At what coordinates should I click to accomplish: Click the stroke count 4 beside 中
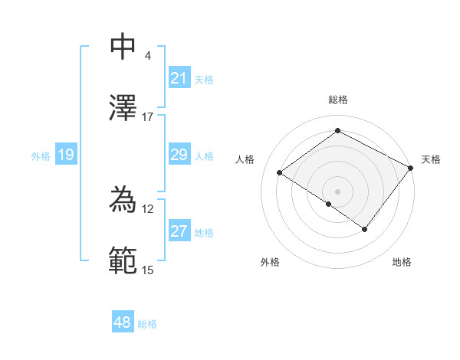pos(147,55)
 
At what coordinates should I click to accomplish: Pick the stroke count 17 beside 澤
pos(148,116)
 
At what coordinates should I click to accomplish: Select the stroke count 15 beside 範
pos(148,270)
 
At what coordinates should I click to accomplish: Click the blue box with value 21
pos(179,78)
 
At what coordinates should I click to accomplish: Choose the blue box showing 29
pos(179,155)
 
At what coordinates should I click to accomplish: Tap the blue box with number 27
pos(179,232)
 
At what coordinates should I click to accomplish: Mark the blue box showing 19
pos(66,155)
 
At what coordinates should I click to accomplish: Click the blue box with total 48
pos(123,323)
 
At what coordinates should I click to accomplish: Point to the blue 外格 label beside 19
pos(41,156)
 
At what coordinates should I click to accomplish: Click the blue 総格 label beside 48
pos(147,324)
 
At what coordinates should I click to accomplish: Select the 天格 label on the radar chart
pos(431,159)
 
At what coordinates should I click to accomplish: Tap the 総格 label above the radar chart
pos(337,100)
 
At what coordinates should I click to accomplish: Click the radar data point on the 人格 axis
pos(280,173)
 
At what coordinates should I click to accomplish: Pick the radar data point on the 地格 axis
pos(365,229)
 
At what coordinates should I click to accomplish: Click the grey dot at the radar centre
pos(337,190)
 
